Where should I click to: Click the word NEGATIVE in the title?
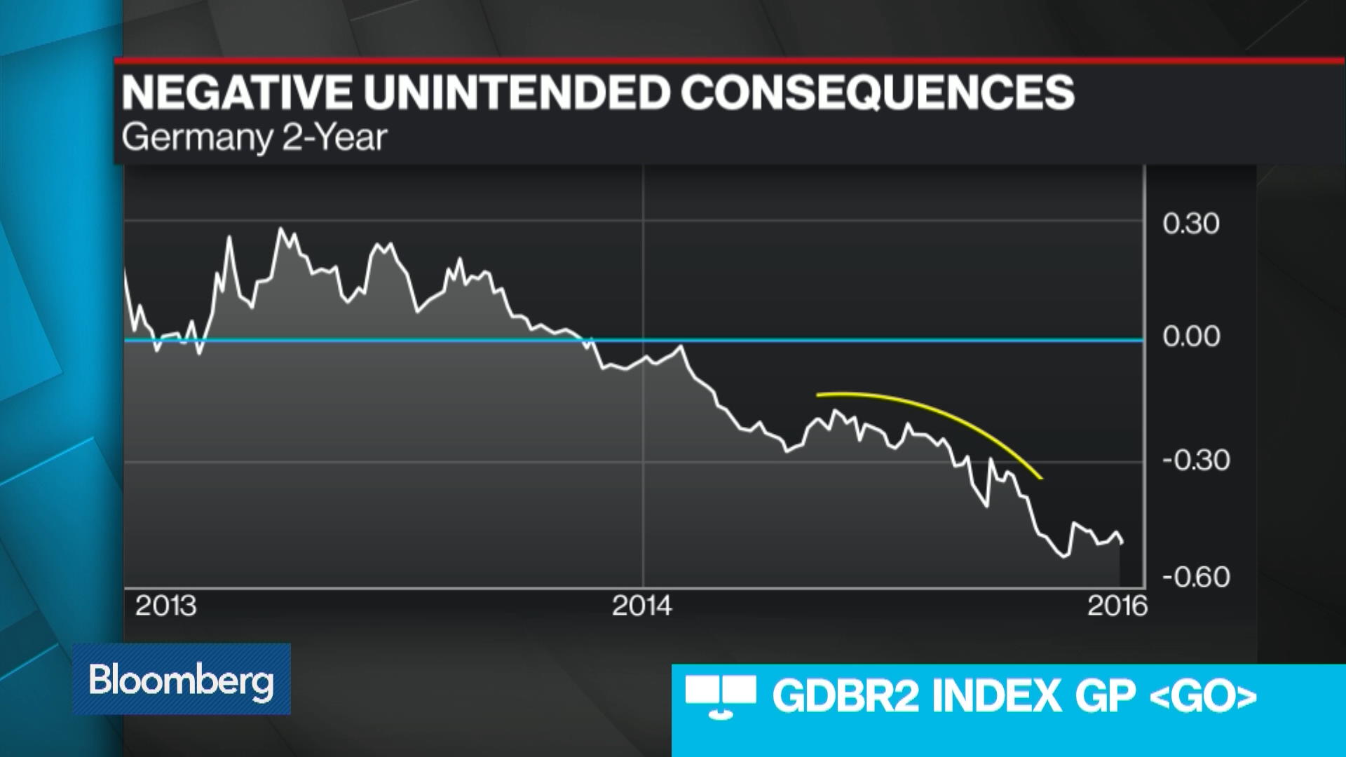[x=237, y=93]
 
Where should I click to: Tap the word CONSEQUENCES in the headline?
[x=877, y=93]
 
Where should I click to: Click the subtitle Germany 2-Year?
[x=254, y=137]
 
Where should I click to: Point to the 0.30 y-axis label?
[x=1190, y=224]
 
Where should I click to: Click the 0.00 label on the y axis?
[x=1190, y=336]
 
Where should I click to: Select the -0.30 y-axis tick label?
[x=1195, y=461]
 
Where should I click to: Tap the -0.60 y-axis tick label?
[x=1195, y=577]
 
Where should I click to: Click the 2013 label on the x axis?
[x=165, y=606]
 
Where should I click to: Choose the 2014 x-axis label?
[x=641, y=606]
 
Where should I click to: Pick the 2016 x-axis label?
[x=1117, y=606]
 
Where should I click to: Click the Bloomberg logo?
[x=181, y=679]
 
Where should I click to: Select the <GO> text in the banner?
[x=1203, y=697]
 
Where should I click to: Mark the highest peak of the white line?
[x=282, y=228]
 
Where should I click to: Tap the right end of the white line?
[x=1122, y=542]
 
